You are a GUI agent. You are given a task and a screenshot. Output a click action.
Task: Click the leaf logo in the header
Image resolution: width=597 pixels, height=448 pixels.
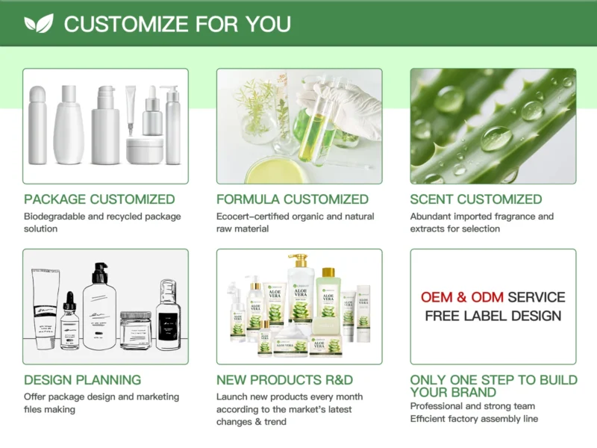coord(39,23)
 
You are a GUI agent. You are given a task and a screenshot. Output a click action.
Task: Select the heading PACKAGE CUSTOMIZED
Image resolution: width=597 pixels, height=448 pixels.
coord(99,199)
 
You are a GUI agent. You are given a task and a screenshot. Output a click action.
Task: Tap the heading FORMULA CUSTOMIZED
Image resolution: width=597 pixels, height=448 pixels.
coord(293,199)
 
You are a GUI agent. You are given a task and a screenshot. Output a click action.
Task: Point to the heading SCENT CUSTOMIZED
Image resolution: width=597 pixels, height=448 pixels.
coord(476,199)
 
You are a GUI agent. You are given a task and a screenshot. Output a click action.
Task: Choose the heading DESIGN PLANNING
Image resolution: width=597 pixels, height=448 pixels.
coord(82,380)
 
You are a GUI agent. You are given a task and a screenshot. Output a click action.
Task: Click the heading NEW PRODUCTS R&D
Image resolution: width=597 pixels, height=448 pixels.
coord(285,380)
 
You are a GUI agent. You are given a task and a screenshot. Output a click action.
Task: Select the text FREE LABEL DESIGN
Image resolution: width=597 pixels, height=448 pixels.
coord(493,316)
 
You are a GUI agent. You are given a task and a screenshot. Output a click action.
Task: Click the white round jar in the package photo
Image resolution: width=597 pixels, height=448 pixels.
coord(144,150)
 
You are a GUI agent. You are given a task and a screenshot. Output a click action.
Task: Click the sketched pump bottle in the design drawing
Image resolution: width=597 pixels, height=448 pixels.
coord(100,306)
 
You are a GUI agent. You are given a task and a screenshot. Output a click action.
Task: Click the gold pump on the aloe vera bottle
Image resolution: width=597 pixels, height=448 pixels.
coord(299,262)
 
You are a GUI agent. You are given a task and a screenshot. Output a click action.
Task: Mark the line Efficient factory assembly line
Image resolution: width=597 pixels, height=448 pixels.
coord(474,419)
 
